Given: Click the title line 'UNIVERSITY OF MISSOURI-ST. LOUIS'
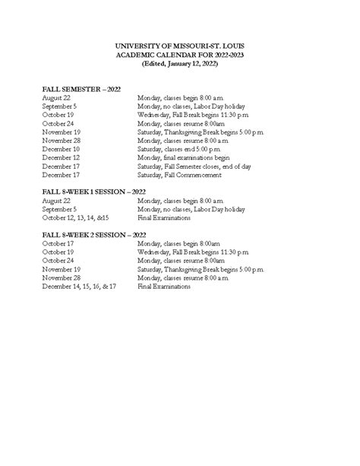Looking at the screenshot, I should click(x=179, y=47).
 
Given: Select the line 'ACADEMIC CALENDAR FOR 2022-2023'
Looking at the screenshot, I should click(x=179, y=56).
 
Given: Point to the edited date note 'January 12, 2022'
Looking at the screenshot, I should click(x=189, y=65).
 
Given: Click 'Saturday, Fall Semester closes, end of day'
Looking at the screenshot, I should click(x=199, y=166).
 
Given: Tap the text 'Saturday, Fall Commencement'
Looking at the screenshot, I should click(x=179, y=175).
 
